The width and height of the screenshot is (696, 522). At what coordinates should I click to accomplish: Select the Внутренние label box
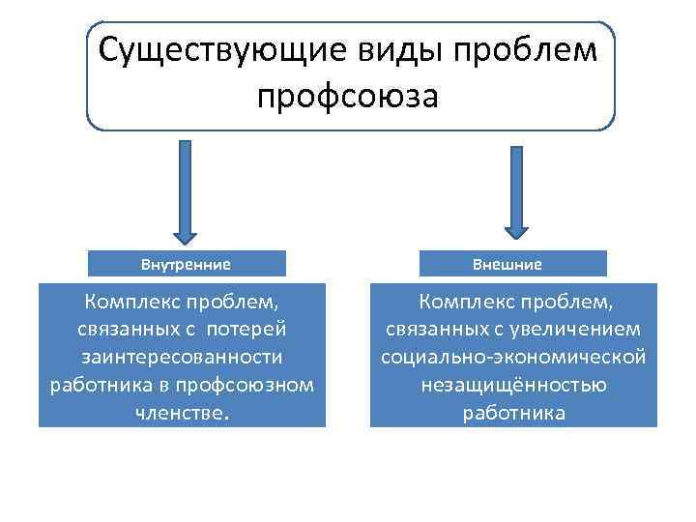click(186, 264)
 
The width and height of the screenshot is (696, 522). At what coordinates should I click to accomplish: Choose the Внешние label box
click(507, 264)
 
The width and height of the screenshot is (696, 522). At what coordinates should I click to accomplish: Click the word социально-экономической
click(513, 357)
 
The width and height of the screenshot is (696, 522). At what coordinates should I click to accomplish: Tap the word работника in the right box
click(513, 412)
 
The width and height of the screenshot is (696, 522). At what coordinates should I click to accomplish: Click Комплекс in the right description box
click(466, 303)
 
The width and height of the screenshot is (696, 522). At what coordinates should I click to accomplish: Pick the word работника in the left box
click(90, 385)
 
